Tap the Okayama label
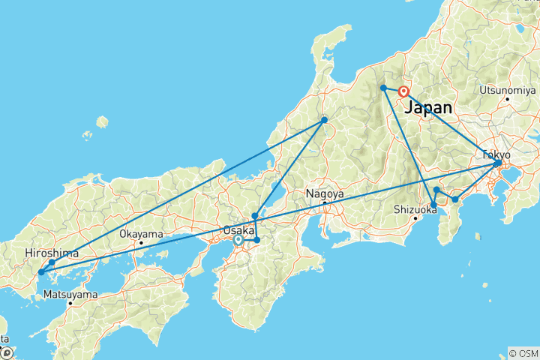coord(141,233)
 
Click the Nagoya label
coord(324,193)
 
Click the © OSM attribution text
coord(523,352)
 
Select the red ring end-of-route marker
coord(403,92)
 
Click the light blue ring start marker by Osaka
coord(238,241)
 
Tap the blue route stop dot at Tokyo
coord(498,163)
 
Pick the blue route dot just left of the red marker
coord(383,88)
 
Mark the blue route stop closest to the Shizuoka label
coord(433,205)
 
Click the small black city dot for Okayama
coord(141,242)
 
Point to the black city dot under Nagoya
coord(324,202)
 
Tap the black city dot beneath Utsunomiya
coord(508,98)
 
